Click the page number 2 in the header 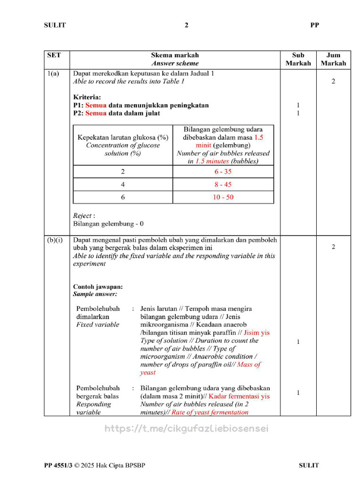(186, 25)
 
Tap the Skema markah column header (175, 59)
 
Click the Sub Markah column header (298, 59)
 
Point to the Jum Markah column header (333, 59)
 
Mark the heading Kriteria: (87, 97)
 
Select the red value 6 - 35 (223, 171)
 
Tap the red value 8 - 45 (223, 184)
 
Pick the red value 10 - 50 (223, 197)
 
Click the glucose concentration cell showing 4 (123, 184)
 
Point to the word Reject (83, 216)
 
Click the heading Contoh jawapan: (98, 287)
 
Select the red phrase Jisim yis (256, 332)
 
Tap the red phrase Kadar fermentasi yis (239, 396)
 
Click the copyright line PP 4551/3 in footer (95, 466)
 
